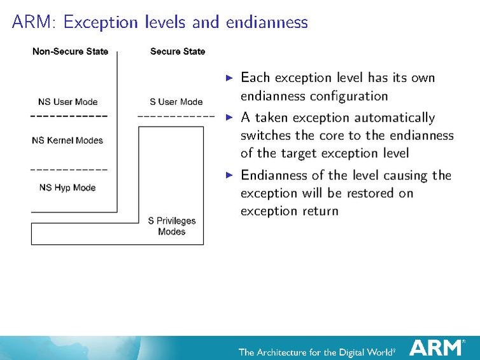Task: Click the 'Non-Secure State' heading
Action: tap(70, 52)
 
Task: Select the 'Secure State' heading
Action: tap(178, 52)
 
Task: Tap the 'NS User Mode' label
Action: tap(68, 102)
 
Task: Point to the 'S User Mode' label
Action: tap(176, 102)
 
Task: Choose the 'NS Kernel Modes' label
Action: tap(67, 141)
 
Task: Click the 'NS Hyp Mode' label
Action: tap(67, 188)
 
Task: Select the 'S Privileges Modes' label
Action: tap(172, 226)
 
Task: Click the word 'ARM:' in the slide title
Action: tap(35, 23)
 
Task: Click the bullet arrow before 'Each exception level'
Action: tap(230, 78)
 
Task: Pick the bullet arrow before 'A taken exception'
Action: tap(230, 118)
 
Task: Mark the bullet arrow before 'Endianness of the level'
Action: tap(230, 176)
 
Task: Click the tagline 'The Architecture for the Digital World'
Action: tap(316, 351)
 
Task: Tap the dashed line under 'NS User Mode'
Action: tap(69, 117)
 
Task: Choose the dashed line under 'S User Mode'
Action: tap(176, 117)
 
